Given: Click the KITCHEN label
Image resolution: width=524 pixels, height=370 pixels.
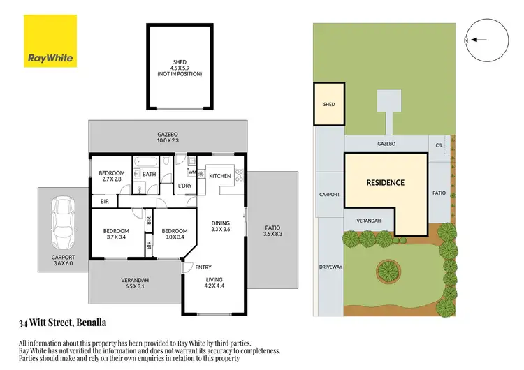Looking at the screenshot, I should pos(220,176).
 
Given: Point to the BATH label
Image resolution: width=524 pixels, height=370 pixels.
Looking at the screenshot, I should pos(149,174).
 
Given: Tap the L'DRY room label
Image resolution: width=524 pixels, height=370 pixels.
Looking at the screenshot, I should pos(185,185).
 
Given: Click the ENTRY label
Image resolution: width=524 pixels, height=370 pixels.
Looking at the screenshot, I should pos(204,267).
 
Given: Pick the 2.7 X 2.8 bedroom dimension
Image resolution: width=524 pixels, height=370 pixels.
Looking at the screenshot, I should pos(111,179).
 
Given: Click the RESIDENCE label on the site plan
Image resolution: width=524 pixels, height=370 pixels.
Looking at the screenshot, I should pos(386,183).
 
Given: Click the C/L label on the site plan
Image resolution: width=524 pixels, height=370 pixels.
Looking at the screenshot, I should pos(439,145).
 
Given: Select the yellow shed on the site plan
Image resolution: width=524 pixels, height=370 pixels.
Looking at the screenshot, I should pos(328,105).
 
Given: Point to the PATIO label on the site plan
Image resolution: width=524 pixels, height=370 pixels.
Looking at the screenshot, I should pos(439,193).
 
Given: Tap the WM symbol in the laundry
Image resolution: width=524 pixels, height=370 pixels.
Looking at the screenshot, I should pos(192,170).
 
